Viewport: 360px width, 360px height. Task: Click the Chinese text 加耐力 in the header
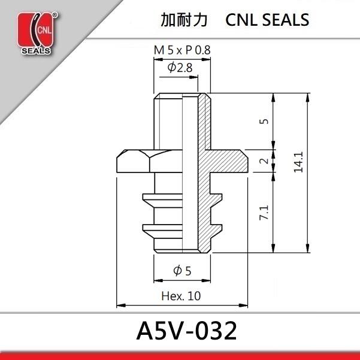pos(184,20)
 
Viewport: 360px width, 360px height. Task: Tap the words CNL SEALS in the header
pos(268,20)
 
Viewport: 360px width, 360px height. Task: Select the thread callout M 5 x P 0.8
pos(182,51)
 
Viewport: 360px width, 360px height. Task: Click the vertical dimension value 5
pos(264,120)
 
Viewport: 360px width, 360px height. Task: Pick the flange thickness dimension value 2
pos(264,161)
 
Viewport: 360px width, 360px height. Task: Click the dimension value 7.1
pos(264,213)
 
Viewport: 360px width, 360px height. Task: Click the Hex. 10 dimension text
pos(181,296)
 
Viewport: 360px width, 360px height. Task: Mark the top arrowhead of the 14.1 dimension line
pos(308,96)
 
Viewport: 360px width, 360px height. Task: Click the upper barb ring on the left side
pos(149,197)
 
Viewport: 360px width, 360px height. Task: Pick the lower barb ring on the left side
pos(149,228)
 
